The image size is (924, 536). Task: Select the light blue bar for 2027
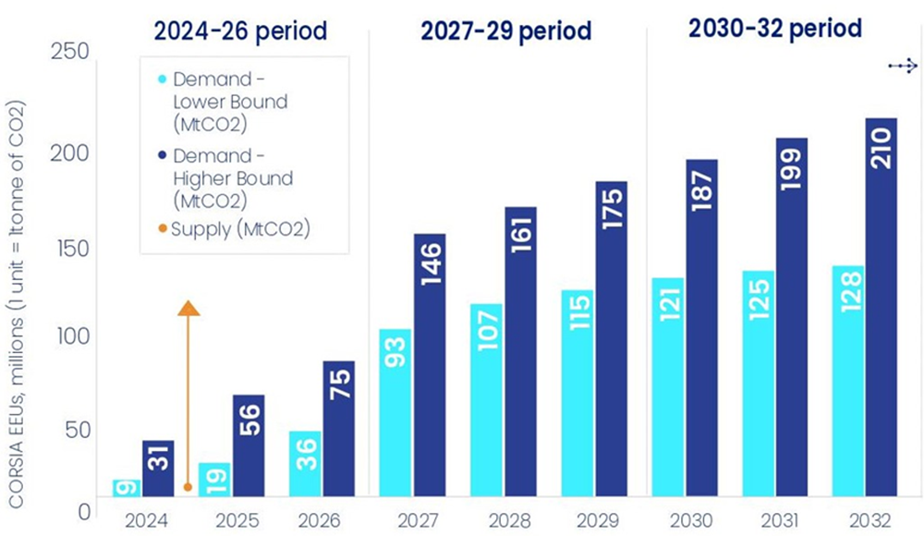click(395, 411)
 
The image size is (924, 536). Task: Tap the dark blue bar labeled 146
click(430, 365)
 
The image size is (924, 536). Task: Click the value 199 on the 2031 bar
click(792, 166)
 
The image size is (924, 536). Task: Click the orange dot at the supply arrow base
click(188, 486)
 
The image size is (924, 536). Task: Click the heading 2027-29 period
click(506, 31)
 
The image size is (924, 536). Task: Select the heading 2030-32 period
click(775, 29)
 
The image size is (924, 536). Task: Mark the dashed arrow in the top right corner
click(902, 66)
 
